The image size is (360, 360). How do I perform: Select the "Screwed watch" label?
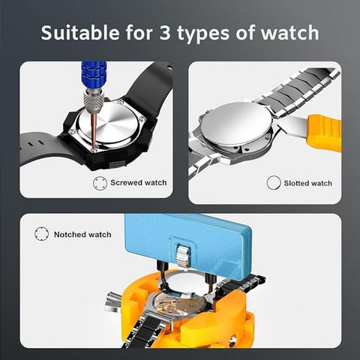139,182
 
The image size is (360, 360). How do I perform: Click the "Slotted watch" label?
308,183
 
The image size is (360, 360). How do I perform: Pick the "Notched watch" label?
82,235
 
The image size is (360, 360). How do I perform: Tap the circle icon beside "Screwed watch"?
99,182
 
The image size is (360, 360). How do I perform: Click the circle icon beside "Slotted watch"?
273,182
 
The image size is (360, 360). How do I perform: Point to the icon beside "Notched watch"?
41,235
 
